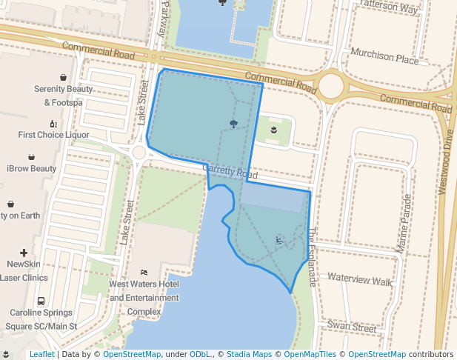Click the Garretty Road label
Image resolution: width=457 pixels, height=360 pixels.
coord(230,173)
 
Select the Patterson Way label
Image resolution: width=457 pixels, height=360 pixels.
coord(388,6)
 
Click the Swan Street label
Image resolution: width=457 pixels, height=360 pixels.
coord(352,327)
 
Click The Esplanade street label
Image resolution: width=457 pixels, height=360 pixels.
coord(312,256)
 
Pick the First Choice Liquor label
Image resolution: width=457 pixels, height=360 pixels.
coord(53,135)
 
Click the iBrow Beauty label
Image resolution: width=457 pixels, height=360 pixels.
coord(31,168)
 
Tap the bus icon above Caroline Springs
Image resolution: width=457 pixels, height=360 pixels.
coord(41,301)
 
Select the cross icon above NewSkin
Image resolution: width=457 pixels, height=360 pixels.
coord(24,253)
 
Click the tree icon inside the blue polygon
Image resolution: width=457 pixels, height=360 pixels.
coord(233,124)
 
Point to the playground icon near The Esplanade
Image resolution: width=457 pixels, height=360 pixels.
coord(279,240)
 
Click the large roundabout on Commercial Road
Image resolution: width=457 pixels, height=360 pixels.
coord(330,86)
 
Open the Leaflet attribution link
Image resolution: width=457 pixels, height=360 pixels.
coord(41,355)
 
